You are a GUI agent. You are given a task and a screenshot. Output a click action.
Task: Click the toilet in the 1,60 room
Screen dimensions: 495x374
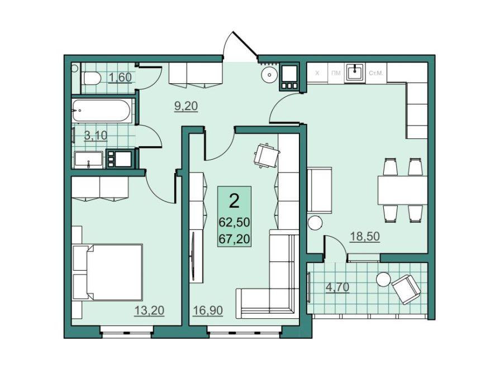[x=92, y=78]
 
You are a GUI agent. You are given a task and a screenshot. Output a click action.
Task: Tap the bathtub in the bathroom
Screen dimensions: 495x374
[x=101, y=111]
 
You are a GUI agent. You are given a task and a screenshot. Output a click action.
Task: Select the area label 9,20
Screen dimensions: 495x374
[x=186, y=106]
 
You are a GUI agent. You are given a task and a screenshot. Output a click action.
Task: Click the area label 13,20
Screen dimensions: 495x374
[x=149, y=310]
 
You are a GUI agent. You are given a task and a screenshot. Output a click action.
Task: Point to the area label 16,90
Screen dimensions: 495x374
[x=208, y=310]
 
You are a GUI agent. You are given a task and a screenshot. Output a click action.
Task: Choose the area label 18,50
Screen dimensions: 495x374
[x=365, y=236]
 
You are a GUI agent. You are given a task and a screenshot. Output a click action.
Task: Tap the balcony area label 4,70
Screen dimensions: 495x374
[x=337, y=287]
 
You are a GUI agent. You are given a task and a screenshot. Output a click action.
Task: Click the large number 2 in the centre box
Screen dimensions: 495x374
[x=234, y=201]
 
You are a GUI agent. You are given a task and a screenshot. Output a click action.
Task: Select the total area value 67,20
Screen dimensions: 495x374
[x=234, y=239]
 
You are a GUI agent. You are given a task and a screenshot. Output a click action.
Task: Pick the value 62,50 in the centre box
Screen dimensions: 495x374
[x=234, y=222]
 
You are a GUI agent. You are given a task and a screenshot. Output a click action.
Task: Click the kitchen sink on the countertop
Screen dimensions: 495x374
[x=355, y=73]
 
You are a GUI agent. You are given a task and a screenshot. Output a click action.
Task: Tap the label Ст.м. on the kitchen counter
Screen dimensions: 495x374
[x=375, y=73]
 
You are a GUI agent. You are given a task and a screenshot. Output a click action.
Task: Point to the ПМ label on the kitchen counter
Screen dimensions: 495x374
[x=336, y=73]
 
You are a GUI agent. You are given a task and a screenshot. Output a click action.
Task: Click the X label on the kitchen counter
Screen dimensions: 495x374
[x=317, y=73]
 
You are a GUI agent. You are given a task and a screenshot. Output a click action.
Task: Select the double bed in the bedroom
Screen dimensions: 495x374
[x=107, y=272]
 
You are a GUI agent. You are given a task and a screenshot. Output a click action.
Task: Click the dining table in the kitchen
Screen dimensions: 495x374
[x=402, y=190]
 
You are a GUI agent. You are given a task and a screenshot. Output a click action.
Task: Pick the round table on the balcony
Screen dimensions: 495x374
[x=383, y=279]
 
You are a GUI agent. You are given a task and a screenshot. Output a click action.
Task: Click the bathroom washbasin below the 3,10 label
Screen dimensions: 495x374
[x=89, y=160]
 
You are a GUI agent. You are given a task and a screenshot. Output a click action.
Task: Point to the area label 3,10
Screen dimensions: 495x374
[x=96, y=135]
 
